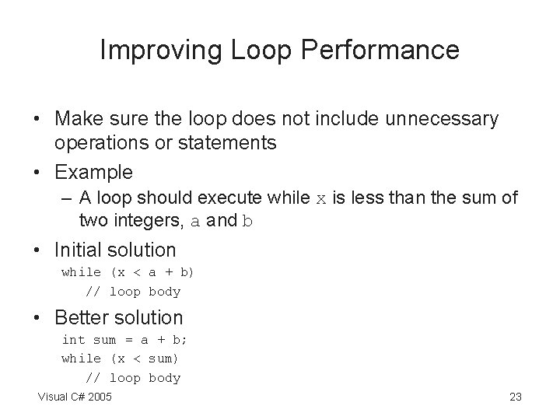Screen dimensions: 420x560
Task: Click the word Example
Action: (93, 171)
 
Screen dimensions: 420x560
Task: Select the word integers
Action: (148, 221)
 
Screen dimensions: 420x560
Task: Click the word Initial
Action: (82, 250)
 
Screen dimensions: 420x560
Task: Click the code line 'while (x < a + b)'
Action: (128, 272)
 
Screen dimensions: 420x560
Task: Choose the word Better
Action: (80, 317)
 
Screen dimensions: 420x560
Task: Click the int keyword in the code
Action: (73, 339)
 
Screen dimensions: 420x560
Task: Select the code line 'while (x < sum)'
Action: (120, 359)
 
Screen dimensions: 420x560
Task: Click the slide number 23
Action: (515, 397)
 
